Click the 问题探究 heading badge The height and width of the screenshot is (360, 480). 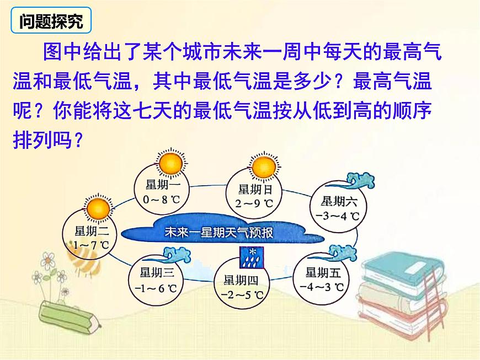pyautogui.click(x=51, y=22)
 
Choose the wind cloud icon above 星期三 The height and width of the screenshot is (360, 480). pyautogui.click(x=178, y=255)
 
